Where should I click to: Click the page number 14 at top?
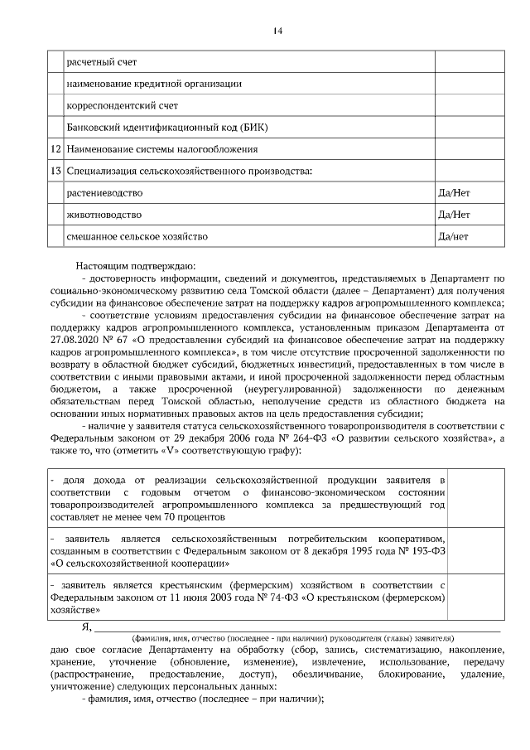[x=277, y=31]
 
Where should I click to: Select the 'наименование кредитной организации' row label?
[x=154, y=84]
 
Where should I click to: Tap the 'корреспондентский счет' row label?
[x=122, y=105]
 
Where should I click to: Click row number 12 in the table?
[x=56, y=149]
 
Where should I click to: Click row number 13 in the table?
[x=56, y=171]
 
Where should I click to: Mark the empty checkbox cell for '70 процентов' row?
[x=477, y=498]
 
